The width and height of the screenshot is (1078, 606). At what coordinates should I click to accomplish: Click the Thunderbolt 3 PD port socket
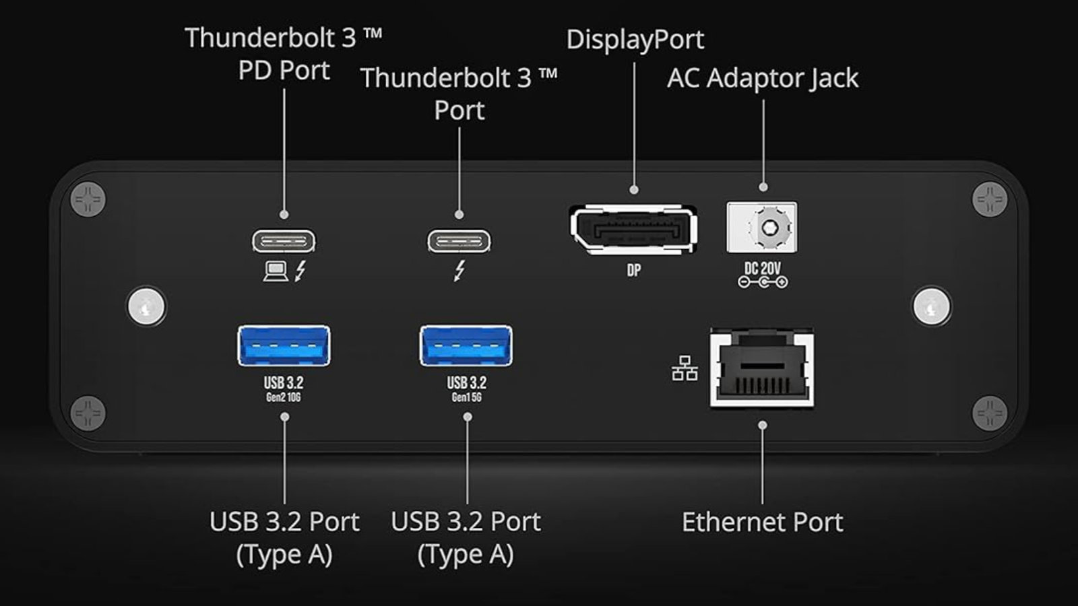click(x=284, y=240)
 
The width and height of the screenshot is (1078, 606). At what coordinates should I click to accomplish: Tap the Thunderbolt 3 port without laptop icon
click(x=459, y=240)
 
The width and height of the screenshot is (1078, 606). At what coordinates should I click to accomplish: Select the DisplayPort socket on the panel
click(x=633, y=229)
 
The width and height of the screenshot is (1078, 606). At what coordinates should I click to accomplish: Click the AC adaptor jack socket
click(x=762, y=227)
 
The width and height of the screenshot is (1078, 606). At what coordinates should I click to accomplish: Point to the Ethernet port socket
click(x=762, y=368)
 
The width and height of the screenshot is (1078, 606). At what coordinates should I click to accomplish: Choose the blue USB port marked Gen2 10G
click(x=284, y=345)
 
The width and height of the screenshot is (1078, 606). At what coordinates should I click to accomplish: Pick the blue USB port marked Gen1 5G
click(x=466, y=345)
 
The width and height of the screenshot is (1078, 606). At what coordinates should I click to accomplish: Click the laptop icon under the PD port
click(x=275, y=271)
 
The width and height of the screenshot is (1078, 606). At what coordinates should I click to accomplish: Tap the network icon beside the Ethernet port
click(x=685, y=369)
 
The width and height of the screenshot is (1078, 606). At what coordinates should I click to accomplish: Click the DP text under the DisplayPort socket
click(x=634, y=271)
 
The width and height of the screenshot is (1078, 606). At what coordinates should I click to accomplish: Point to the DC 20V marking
click(x=763, y=269)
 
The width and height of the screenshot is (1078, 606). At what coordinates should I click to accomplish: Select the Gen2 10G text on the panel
click(x=283, y=398)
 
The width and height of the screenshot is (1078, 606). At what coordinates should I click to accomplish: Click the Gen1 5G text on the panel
click(x=466, y=398)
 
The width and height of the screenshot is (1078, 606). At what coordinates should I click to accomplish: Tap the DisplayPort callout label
click(x=635, y=40)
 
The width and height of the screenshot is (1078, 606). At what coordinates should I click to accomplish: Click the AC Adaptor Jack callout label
click(x=763, y=78)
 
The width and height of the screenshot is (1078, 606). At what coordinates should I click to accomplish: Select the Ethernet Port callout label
click(x=762, y=523)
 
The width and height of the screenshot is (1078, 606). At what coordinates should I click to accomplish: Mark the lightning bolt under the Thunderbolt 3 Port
click(x=459, y=271)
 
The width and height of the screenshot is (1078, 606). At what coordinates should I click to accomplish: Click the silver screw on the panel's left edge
click(x=147, y=306)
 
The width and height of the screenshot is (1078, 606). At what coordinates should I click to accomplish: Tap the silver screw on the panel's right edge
click(x=932, y=306)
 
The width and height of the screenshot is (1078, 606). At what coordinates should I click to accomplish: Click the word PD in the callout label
click(x=255, y=71)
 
